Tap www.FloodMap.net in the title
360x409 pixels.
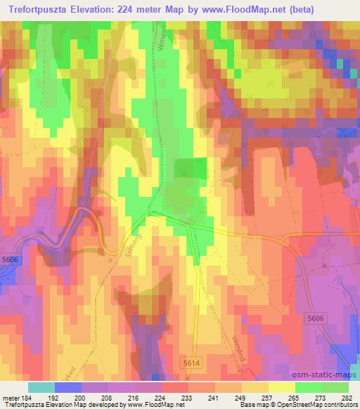click(223, 10)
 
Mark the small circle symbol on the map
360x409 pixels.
click(317, 154)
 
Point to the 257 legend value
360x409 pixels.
click(268, 397)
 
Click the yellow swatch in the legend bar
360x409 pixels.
click(281, 387)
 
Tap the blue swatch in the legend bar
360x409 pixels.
click(68, 387)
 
